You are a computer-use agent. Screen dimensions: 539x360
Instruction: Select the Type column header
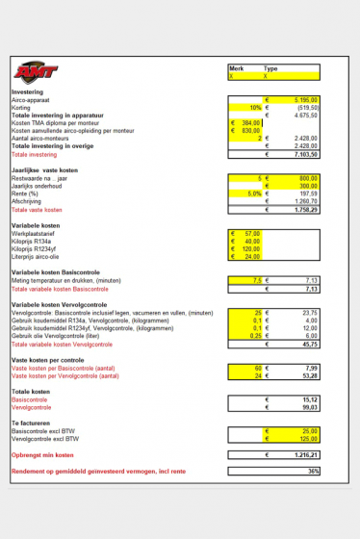271,68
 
